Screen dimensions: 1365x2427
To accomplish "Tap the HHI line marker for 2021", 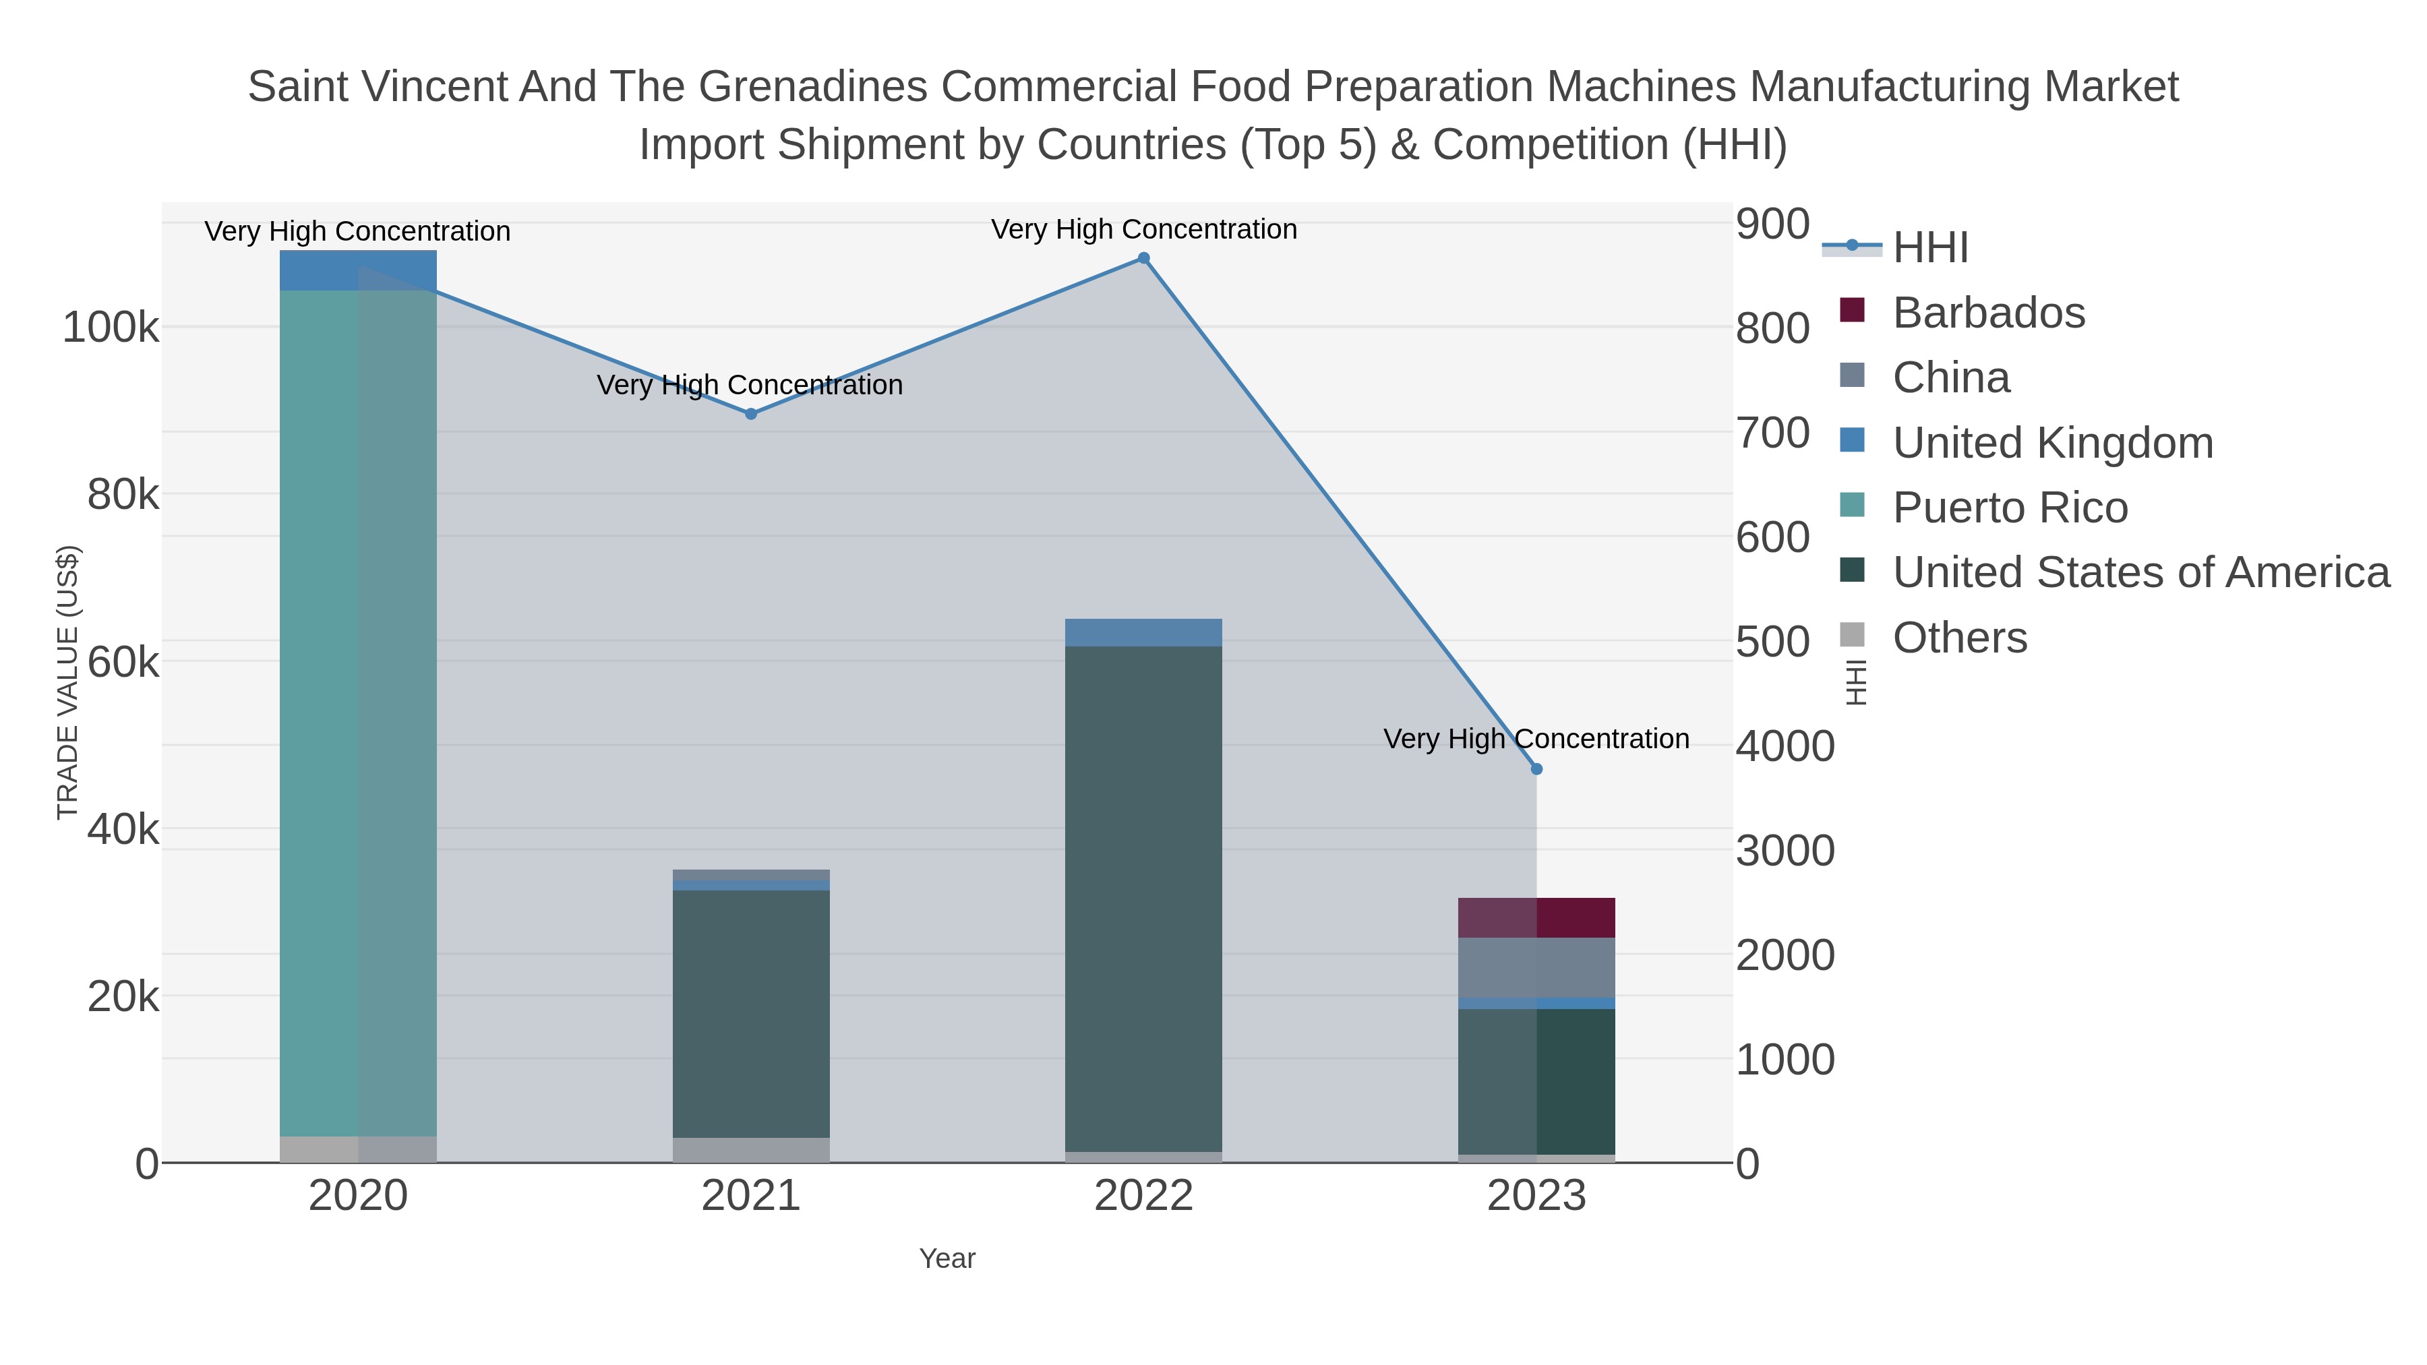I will [x=751, y=414].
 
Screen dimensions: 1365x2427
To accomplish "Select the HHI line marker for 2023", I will [x=1536, y=768].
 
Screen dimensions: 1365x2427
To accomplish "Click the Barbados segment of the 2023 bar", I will [x=1536, y=917].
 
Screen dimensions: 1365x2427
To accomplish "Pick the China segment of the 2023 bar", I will [x=1536, y=967].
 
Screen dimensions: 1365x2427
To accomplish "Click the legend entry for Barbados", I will [x=1988, y=313].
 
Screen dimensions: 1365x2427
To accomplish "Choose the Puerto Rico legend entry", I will [x=2009, y=508].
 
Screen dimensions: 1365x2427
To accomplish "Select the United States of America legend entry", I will [x=2140, y=573].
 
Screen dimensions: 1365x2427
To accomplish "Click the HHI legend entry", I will [x=1929, y=248].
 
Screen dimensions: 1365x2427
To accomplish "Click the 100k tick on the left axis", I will [x=111, y=329].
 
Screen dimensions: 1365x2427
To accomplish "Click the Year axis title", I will [x=947, y=1258].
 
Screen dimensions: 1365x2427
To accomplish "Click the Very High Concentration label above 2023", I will [x=1536, y=739].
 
